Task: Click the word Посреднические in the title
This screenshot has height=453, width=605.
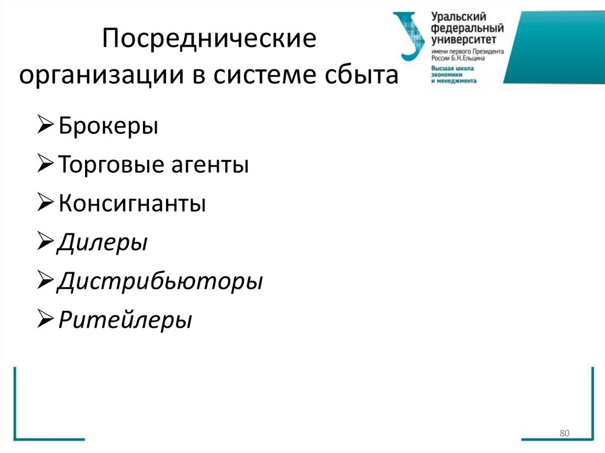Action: (210, 43)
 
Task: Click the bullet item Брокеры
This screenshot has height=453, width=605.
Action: (108, 127)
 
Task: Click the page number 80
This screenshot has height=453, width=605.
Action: (564, 434)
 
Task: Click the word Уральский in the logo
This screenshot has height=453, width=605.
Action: (456, 17)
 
